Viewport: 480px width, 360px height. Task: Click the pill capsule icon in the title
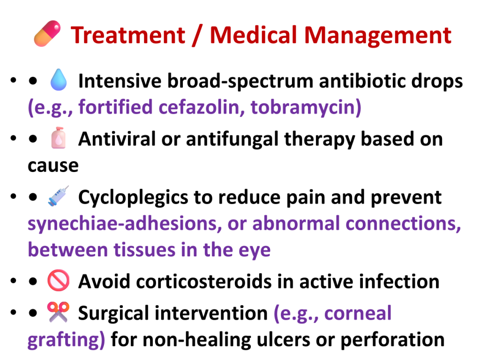pos(47,33)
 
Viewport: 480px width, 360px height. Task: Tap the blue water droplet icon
pos(59,80)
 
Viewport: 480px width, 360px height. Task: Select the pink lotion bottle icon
pos(59,138)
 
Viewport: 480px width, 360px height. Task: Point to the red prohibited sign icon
pos(59,280)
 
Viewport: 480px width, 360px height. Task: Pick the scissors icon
pos(58,312)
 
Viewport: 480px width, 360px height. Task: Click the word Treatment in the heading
pos(128,35)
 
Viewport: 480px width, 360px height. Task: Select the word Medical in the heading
pos(254,35)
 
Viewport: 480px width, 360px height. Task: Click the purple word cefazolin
pos(202,107)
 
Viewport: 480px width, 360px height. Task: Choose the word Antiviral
pos(117,139)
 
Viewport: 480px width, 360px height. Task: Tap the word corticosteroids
pos(203,281)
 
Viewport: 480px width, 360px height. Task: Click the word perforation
pos(392,340)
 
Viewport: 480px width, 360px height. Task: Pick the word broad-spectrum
pos(240,82)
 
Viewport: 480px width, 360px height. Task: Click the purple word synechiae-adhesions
pos(125,224)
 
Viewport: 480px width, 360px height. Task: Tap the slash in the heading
pos(197,36)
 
